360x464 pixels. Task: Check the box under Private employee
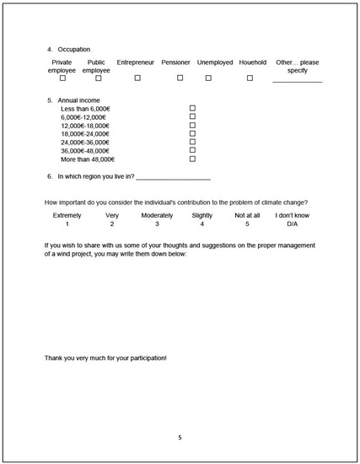click(x=62, y=78)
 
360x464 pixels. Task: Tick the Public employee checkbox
click(x=99, y=78)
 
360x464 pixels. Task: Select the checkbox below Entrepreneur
click(x=137, y=78)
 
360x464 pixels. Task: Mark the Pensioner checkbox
click(x=180, y=78)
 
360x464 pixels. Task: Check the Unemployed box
click(x=207, y=78)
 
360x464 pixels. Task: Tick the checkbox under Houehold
click(x=250, y=78)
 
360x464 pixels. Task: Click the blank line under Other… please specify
click(x=297, y=81)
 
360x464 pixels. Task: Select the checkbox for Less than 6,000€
click(x=192, y=109)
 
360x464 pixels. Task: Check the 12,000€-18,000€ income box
click(x=192, y=125)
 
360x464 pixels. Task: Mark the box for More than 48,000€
click(x=192, y=159)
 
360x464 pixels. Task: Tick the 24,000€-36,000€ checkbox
click(x=192, y=142)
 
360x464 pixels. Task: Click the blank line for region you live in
click(x=173, y=179)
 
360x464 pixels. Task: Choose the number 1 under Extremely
click(x=67, y=224)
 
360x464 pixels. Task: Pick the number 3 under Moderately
click(x=157, y=224)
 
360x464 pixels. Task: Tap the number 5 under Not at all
click(x=247, y=224)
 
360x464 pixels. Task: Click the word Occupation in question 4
click(x=74, y=49)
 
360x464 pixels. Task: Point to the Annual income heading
click(x=78, y=100)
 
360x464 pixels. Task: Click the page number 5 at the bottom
click(x=180, y=438)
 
